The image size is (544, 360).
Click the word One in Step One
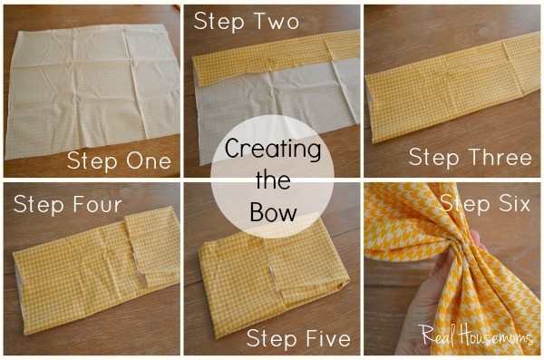click(x=149, y=161)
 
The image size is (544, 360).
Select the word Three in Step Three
click(x=500, y=158)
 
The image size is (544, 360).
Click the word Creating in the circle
click(x=273, y=149)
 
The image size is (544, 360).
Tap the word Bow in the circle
click(x=274, y=212)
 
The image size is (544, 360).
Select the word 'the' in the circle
click(x=273, y=180)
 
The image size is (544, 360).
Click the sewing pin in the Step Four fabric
click(x=140, y=268)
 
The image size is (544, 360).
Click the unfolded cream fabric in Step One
click(x=92, y=92)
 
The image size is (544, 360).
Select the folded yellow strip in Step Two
click(x=276, y=57)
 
